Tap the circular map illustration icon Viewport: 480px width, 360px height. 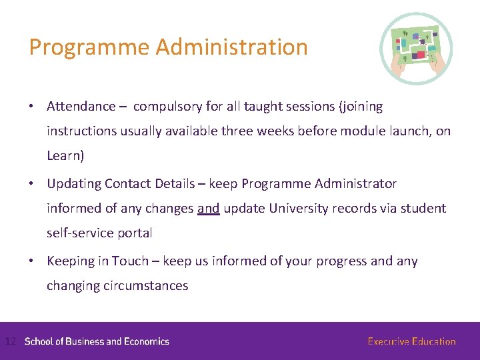[x=416, y=49]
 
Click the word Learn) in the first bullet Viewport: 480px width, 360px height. [x=65, y=156]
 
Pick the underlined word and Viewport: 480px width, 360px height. [x=208, y=209]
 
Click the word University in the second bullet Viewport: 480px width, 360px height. [x=297, y=209]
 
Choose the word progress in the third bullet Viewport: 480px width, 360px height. [x=342, y=261]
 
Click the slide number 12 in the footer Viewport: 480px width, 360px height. [x=10, y=341]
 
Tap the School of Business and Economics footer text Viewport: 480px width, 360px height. [x=97, y=341]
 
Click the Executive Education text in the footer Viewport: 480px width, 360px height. [x=411, y=341]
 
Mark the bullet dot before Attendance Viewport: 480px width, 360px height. [x=32, y=107]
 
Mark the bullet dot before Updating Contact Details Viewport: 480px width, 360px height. [x=32, y=184]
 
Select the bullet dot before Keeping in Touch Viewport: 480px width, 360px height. [x=32, y=261]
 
